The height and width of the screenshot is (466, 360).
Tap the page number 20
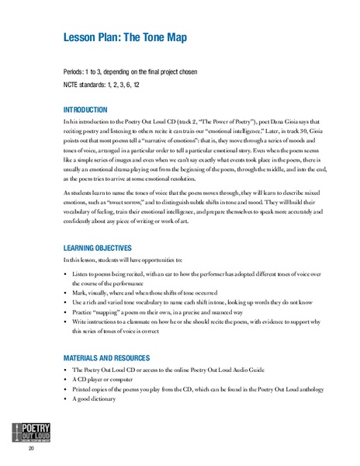pyautogui.click(x=30, y=449)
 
